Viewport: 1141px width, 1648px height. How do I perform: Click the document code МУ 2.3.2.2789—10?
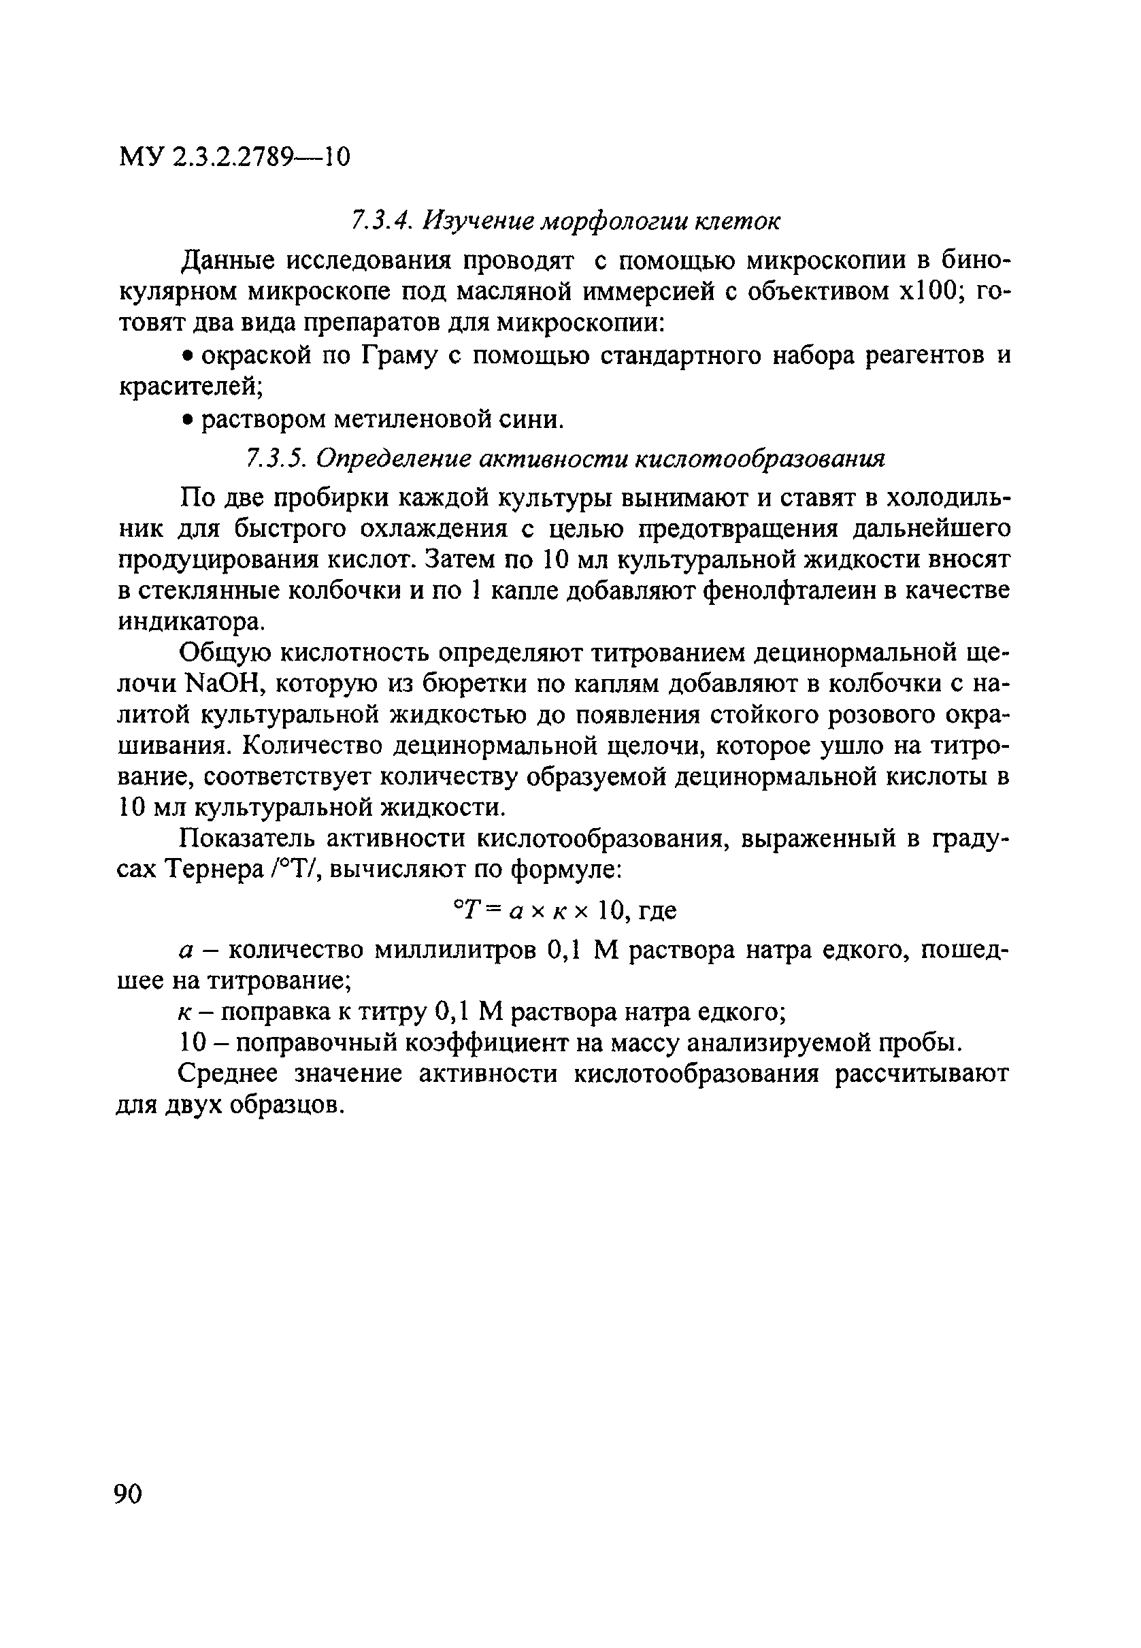(x=234, y=156)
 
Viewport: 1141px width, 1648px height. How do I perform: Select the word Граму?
(x=397, y=355)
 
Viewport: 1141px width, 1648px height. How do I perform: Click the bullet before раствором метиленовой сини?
(x=186, y=420)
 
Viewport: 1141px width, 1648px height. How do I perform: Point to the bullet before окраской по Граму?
(x=186, y=355)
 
